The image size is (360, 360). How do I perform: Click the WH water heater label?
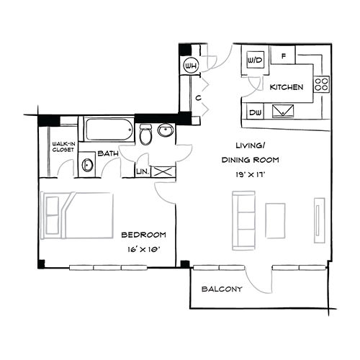pos(191,66)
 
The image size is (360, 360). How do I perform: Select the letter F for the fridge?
pos(284,56)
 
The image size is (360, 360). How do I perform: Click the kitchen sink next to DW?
pos(282,111)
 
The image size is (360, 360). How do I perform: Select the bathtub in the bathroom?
pos(108,130)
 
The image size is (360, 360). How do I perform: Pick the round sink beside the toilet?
pos(166,132)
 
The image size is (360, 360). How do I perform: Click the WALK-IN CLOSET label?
pos(64,148)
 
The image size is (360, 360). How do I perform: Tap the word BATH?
pos(109,153)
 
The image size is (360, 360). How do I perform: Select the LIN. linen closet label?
pos(143,171)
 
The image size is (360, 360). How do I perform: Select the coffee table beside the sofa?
pos(276,220)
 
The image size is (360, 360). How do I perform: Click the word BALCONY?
pos(221,289)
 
